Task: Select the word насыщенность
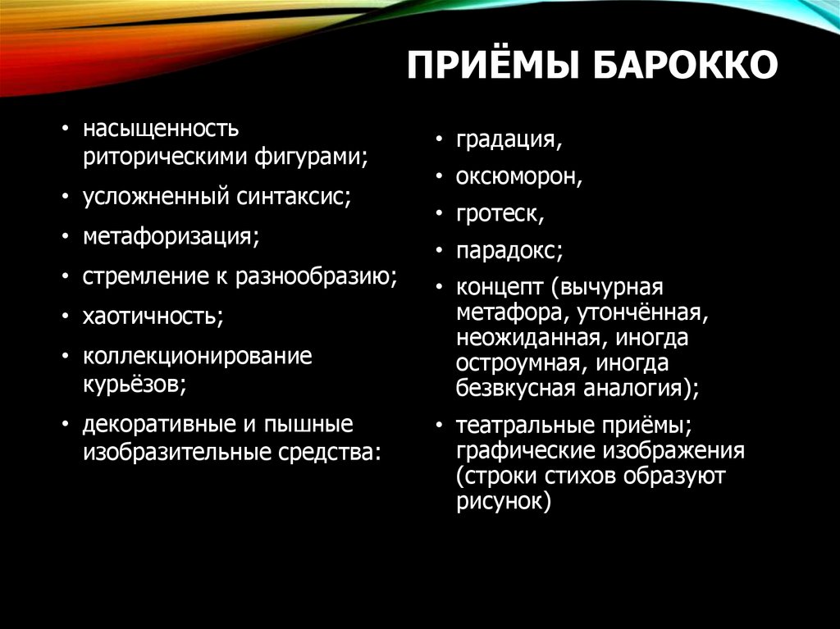click(x=160, y=129)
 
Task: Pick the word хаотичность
click(x=152, y=317)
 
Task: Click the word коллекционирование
click(x=197, y=357)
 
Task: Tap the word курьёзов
click(x=133, y=384)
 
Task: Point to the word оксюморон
click(x=519, y=176)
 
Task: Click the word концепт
click(x=500, y=288)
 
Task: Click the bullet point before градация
click(x=441, y=140)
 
